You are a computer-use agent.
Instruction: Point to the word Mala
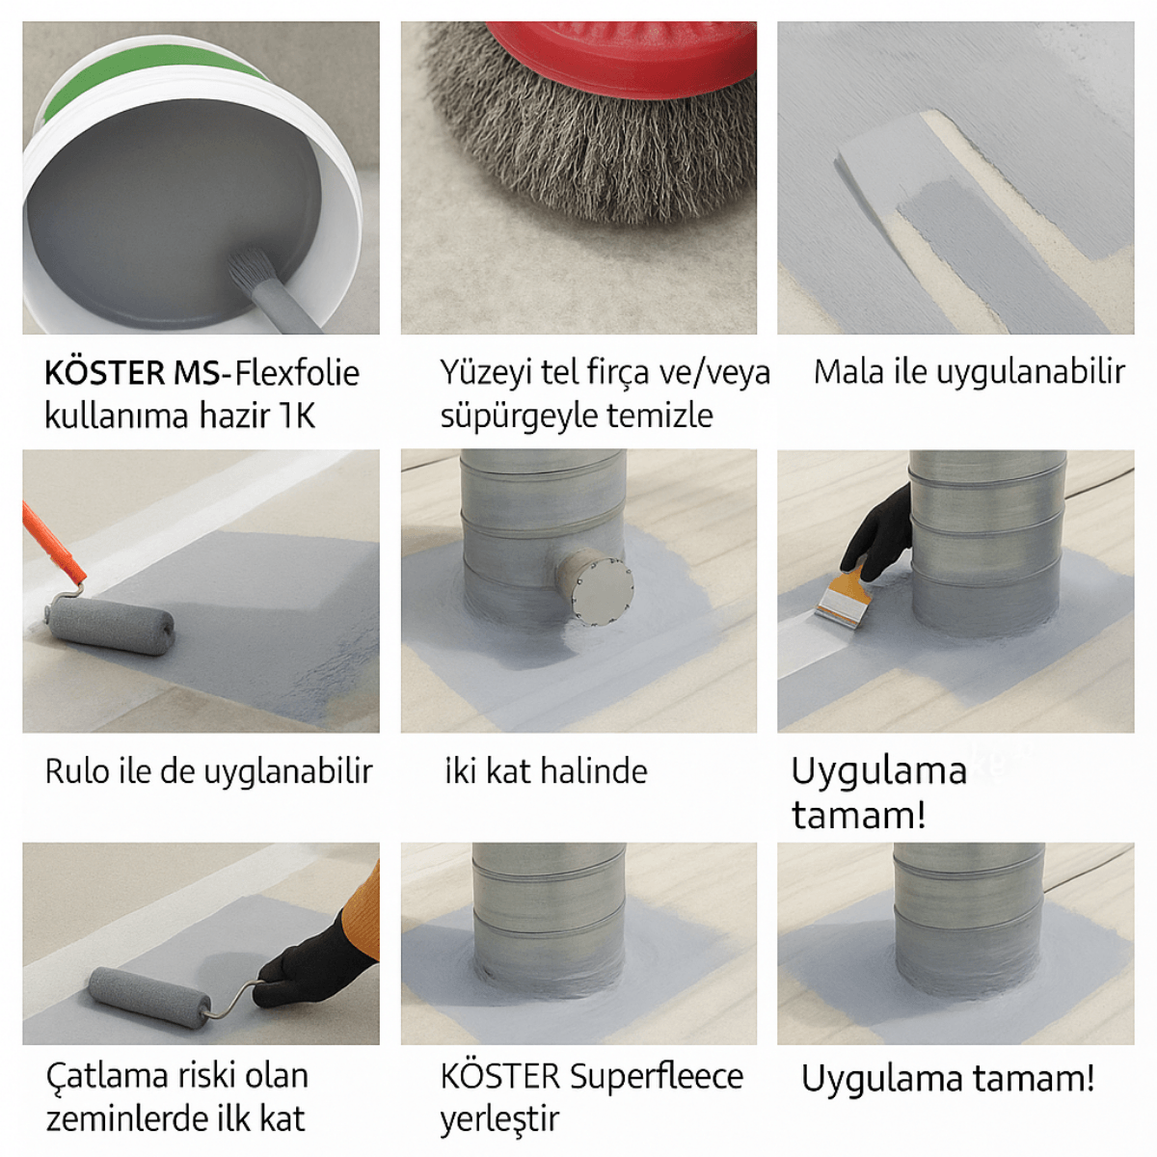848,372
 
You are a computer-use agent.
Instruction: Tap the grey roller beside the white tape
111,625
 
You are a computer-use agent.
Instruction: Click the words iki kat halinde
546,771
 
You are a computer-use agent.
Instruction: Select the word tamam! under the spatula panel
858,816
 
